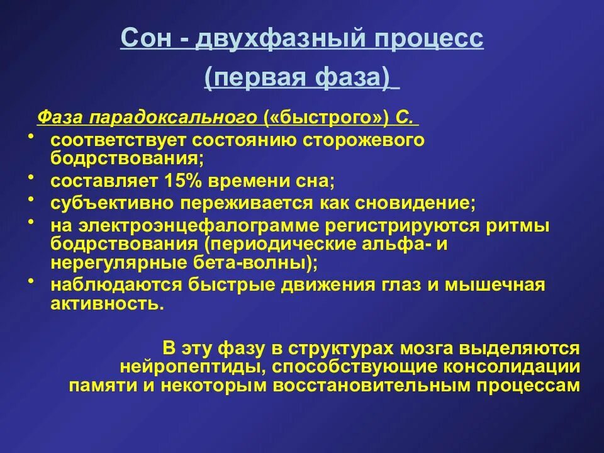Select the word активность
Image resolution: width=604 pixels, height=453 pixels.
pos(107,303)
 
